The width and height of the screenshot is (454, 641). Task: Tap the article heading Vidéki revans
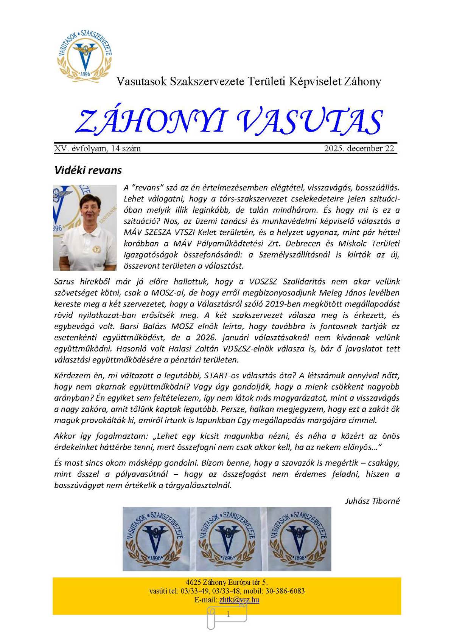tap(88, 170)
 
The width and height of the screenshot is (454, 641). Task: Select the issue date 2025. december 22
tap(359, 149)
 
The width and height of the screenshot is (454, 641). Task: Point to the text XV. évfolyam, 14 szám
tap(98, 149)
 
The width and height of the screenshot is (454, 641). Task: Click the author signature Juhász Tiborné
tap(372, 501)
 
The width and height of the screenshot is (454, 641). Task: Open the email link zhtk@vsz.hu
tap(239, 600)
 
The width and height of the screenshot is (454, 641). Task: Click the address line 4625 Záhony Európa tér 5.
tap(227, 582)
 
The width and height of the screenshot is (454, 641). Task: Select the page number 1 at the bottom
tap(228, 615)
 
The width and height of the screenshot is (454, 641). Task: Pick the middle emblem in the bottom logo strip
tap(227, 539)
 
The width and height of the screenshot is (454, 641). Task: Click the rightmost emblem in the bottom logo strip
tap(299, 539)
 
